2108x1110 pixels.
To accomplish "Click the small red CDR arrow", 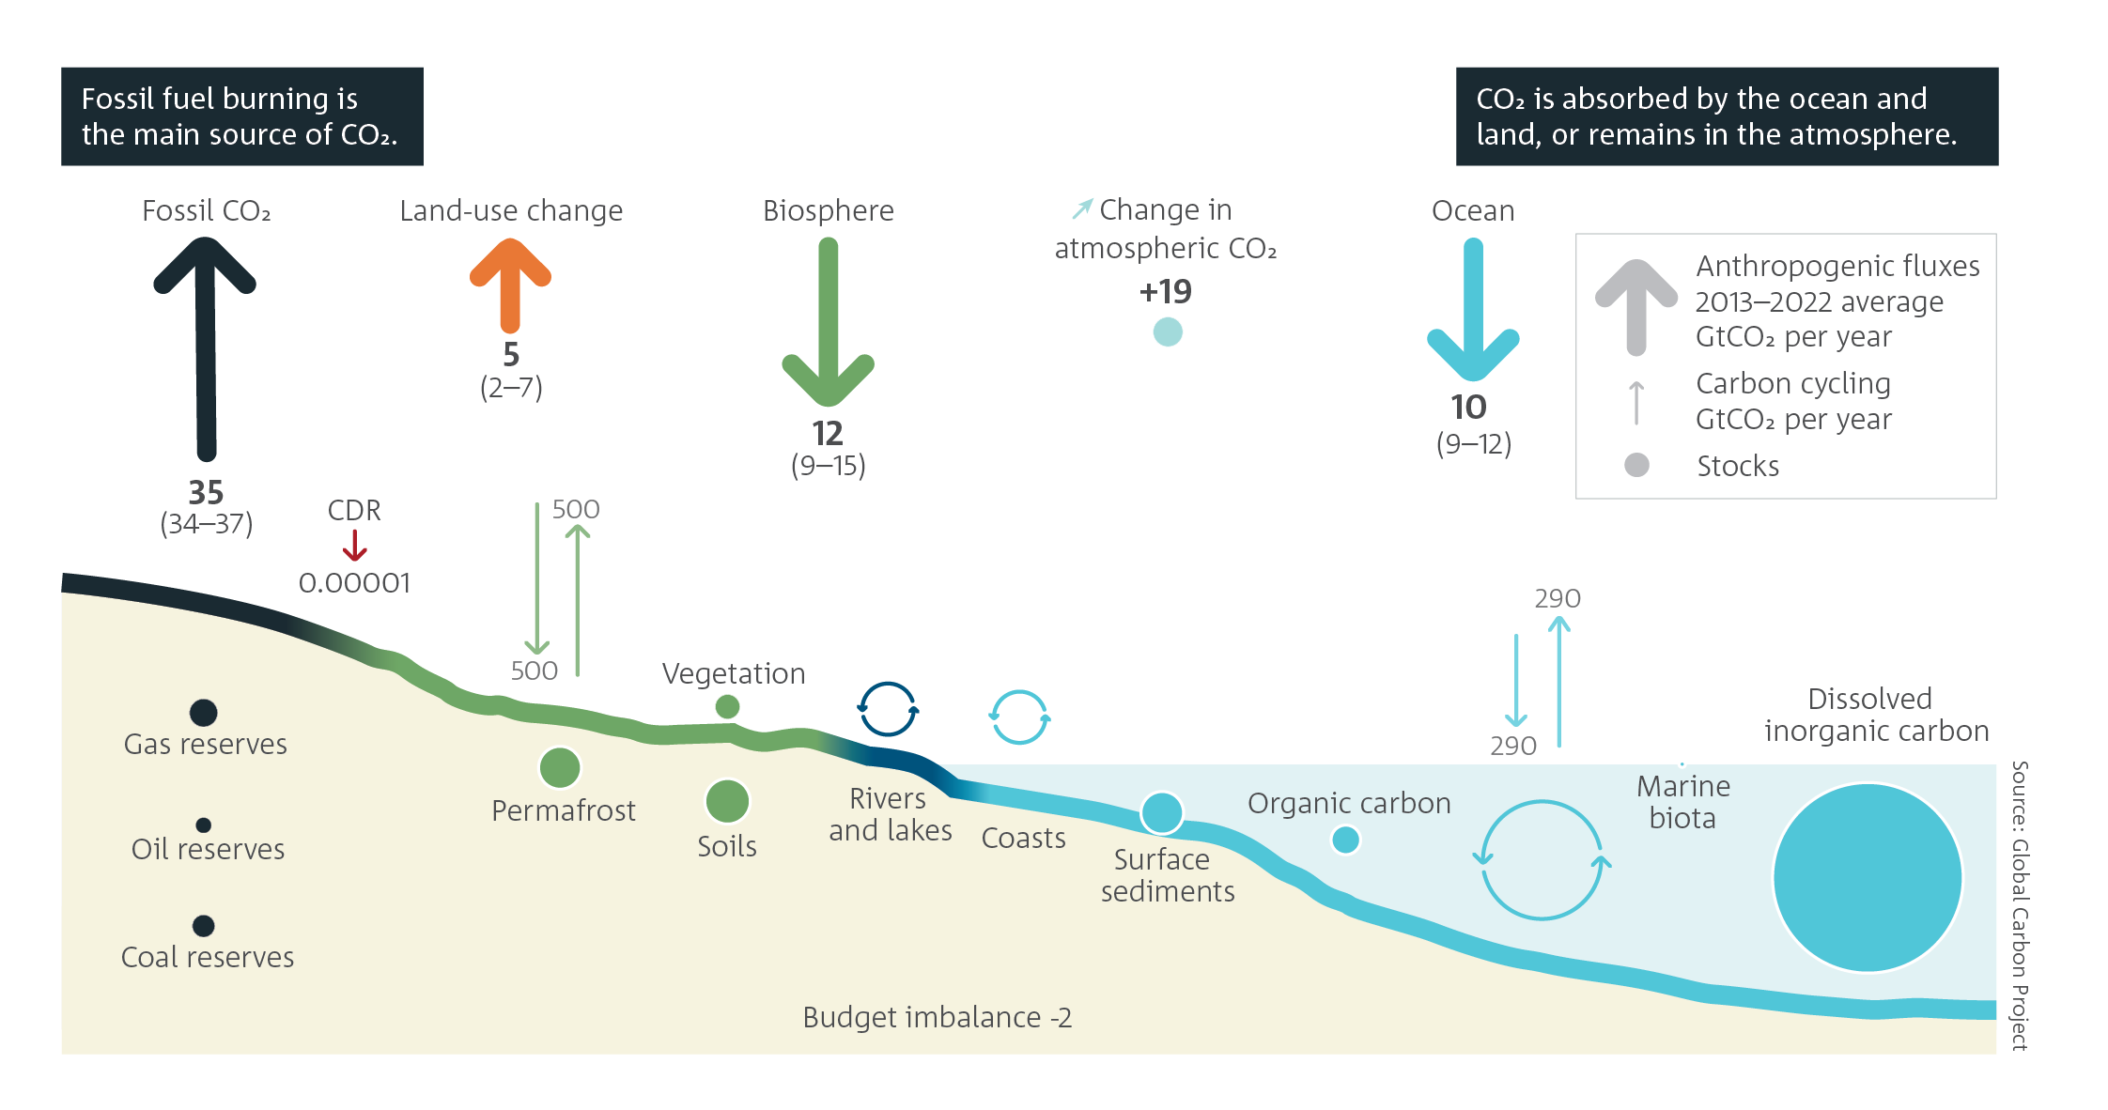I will point(354,546).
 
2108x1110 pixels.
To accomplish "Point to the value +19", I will point(1166,292).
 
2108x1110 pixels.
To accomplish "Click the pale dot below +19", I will point(1168,331).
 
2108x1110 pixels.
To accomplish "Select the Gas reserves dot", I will point(204,713).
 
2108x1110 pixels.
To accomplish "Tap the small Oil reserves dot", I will point(204,825).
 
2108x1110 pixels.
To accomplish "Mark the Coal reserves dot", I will point(204,926).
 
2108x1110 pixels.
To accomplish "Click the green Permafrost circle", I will point(560,768).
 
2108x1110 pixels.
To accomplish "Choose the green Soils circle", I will point(727,802).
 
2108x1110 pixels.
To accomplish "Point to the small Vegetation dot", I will point(727,706).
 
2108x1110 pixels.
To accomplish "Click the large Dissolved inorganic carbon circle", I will point(1868,877).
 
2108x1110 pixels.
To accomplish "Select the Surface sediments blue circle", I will point(1162,812).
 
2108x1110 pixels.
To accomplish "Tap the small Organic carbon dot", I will point(1346,840).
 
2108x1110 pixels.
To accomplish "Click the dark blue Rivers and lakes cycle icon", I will point(888,709).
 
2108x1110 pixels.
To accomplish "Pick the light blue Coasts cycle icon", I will point(1019,717).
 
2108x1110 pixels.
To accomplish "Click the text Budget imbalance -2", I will point(937,1017).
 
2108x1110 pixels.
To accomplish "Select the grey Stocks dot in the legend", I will point(1636,465).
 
